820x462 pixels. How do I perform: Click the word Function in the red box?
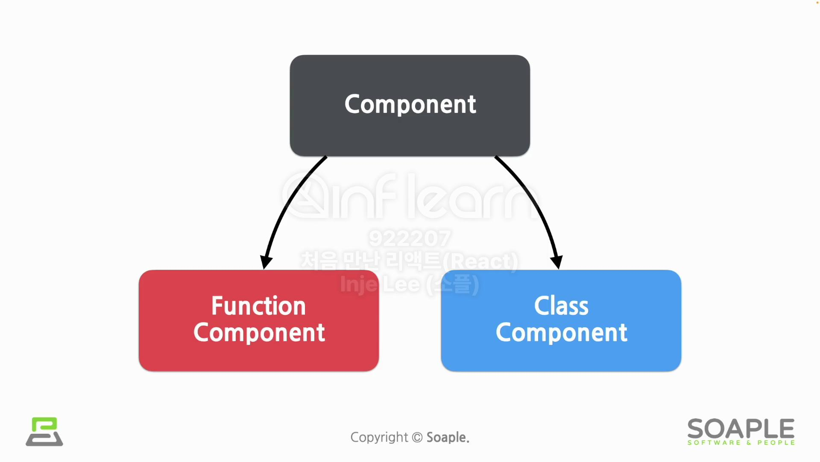258,306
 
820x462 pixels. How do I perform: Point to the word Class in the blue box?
561,306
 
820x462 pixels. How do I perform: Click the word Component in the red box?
259,333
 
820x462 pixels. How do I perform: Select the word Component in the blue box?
561,333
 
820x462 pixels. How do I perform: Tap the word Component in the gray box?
410,105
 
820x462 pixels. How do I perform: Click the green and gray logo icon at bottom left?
44,432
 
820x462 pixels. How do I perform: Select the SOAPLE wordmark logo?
741,428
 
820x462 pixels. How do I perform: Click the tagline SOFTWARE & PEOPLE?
741,443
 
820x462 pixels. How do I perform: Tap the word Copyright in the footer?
379,437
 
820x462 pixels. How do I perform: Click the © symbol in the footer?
417,437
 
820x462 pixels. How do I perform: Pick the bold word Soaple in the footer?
448,437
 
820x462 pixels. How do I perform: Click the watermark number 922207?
410,238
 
